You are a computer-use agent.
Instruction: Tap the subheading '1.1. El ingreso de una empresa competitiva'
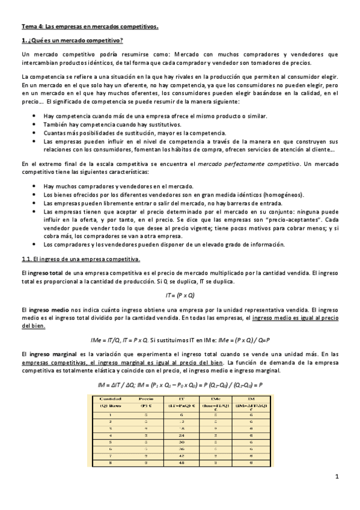tap(81, 259)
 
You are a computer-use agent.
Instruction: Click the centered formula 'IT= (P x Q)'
tap(180, 295)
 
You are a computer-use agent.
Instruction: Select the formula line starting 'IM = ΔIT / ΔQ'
tap(180, 384)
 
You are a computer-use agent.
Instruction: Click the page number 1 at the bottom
tap(337, 477)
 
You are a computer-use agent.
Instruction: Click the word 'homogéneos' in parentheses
tap(286, 195)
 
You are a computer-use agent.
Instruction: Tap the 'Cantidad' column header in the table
tap(110, 398)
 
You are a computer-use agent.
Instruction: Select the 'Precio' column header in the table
tap(145, 398)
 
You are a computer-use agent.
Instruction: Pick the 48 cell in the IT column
tap(182, 463)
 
